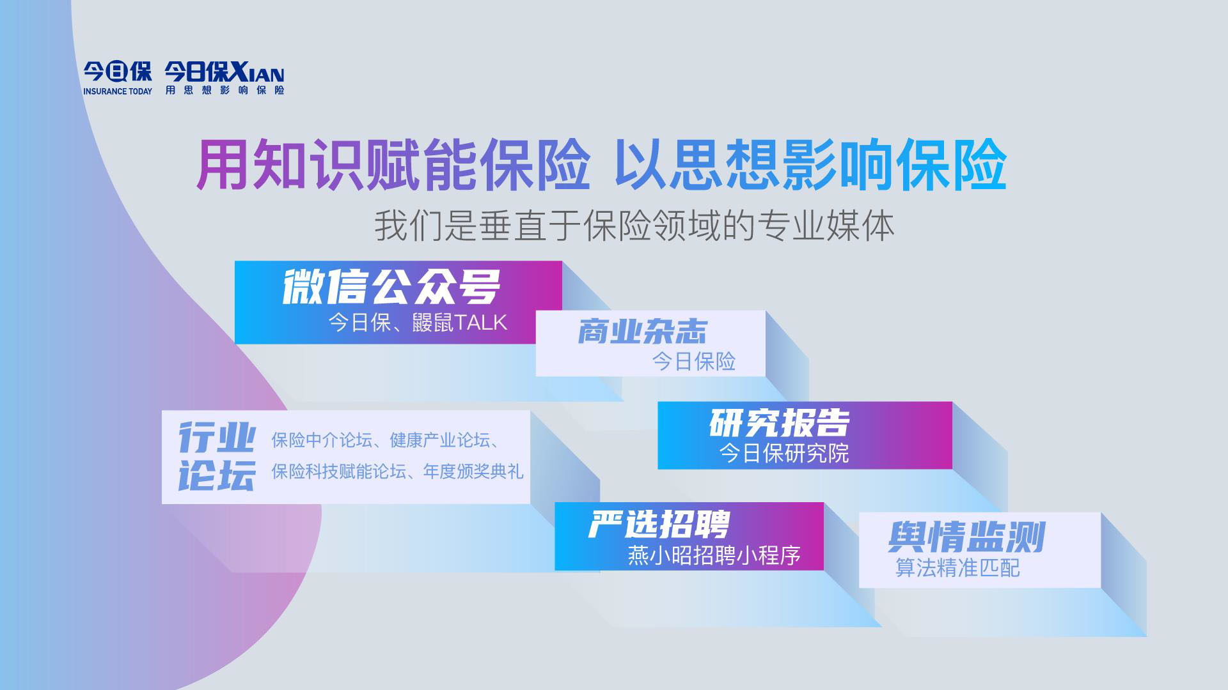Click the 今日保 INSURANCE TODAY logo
click(118, 78)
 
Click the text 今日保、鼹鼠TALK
click(418, 323)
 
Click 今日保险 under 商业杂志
click(694, 362)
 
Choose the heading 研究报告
click(780, 422)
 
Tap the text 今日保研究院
click(784, 453)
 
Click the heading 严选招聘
click(659, 525)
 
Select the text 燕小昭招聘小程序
click(714, 555)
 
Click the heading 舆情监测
click(966, 537)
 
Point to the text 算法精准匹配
click(957, 567)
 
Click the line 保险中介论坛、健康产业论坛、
click(386, 440)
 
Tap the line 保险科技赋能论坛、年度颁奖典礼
click(397, 471)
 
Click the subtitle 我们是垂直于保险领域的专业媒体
click(634, 226)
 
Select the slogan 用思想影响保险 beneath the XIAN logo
click(224, 90)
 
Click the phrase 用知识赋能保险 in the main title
click(393, 164)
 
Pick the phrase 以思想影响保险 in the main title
click(811, 164)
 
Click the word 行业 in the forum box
click(217, 437)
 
